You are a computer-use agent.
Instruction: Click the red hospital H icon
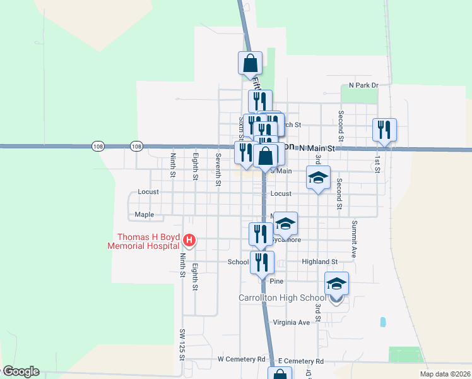(189, 240)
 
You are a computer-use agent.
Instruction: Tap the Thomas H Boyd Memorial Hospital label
(145, 243)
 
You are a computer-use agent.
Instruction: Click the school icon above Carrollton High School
(336, 284)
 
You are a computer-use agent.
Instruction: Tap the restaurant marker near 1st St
(384, 129)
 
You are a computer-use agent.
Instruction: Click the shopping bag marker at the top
(250, 63)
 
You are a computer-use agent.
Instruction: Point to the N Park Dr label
(363, 85)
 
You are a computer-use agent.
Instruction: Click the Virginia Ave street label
(292, 322)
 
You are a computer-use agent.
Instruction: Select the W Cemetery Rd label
(242, 359)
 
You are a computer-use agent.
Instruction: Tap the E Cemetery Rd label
(300, 361)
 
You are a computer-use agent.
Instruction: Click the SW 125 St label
(182, 344)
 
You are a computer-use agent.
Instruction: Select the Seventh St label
(218, 169)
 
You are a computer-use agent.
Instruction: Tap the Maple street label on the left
(144, 215)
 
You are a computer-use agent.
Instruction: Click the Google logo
(20, 371)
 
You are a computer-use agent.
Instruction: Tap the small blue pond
(383, 322)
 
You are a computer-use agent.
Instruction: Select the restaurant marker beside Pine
(262, 262)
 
